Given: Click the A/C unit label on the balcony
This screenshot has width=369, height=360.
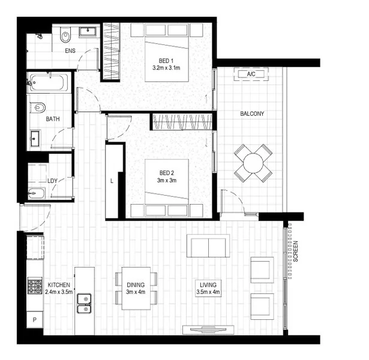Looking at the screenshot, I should (x=252, y=74).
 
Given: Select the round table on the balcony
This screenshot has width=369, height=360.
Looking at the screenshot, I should (x=253, y=163).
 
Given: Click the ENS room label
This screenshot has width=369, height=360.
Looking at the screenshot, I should (x=70, y=51).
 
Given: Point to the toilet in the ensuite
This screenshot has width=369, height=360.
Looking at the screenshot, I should (x=65, y=37).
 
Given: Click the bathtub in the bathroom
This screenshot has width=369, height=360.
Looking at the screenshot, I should (x=49, y=82).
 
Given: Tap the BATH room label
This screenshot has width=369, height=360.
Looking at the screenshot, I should (x=53, y=119).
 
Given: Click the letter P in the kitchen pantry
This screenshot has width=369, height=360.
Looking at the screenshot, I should (x=35, y=320).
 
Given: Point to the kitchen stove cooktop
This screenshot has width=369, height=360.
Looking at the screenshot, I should (x=34, y=286).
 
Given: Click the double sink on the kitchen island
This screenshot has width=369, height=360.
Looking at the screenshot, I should (x=83, y=304).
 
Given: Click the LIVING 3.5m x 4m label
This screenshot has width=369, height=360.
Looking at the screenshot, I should (x=208, y=289).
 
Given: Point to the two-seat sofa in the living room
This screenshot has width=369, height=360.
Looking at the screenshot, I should (x=208, y=245).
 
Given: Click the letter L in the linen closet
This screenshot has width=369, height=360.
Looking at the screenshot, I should (x=112, y=180).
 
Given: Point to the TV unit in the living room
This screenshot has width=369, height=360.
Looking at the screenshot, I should (x=208, y=329).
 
